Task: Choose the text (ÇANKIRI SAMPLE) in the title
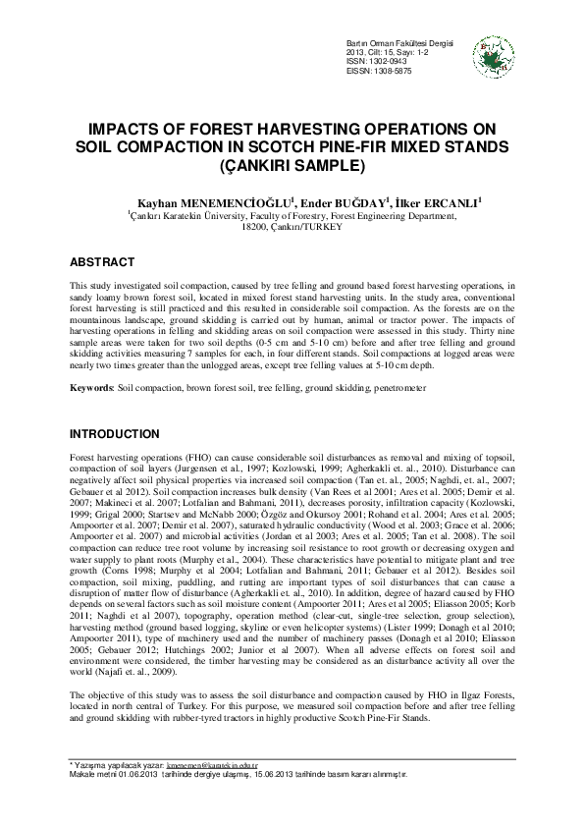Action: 292,164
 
